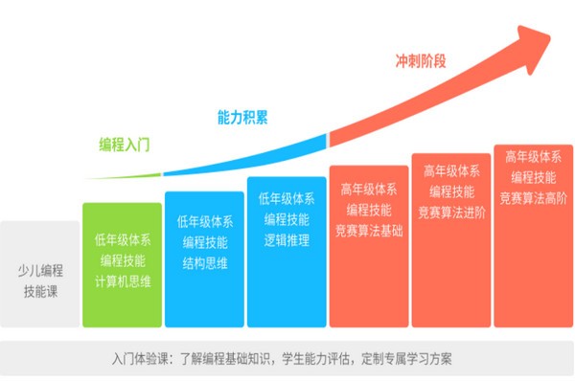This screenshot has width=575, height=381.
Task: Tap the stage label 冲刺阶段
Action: (x=421, y=61)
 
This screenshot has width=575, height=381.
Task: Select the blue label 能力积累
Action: (x=241, y=118)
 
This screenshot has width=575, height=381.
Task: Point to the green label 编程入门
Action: (x=126, y=145)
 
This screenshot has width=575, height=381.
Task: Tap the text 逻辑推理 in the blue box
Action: (x=285, y=240)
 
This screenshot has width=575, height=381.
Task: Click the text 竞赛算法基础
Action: (x=369, y=231)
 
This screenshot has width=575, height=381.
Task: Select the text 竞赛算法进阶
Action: (x=451, y=213)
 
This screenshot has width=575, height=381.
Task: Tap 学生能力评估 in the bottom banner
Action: (x=315, y=361)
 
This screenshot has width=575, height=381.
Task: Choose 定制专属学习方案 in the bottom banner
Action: (x=403, y=361)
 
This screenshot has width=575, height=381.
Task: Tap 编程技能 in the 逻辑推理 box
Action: (x=285, y=219)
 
